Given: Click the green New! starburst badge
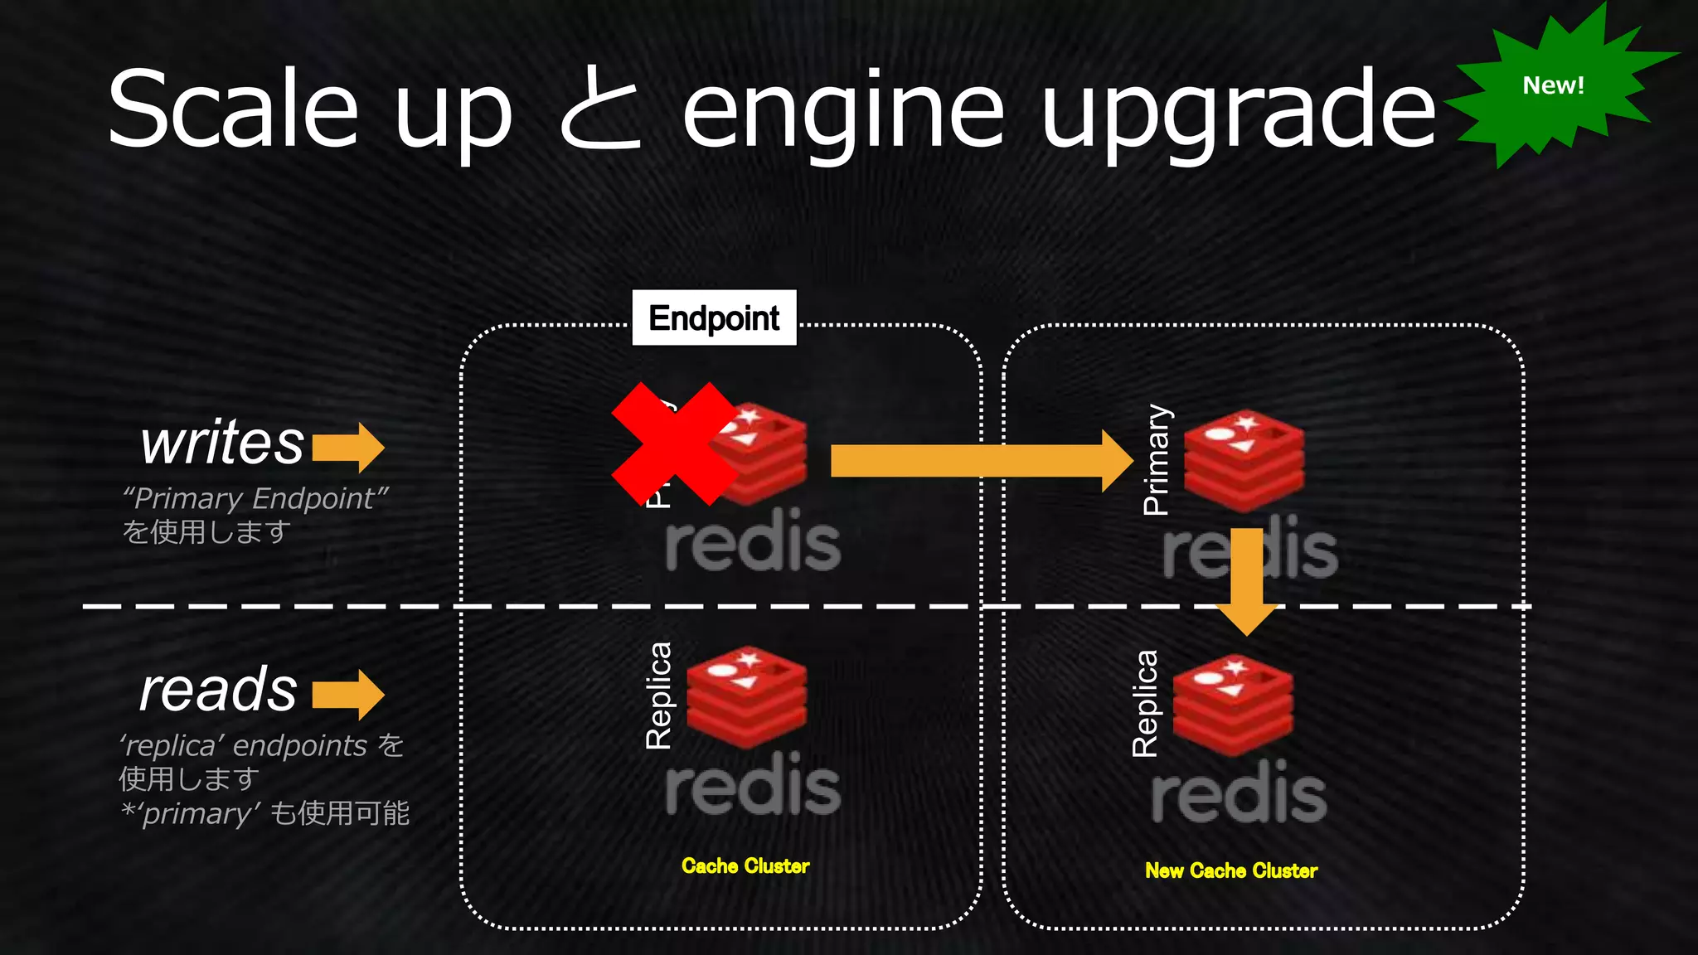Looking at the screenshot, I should tap(1553, 86).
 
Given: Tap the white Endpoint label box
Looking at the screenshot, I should tap(714, 318).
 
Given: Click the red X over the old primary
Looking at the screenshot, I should tap(674, 444).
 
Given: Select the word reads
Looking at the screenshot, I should tap(218, 689).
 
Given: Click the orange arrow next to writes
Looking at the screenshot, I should tap(348, 448).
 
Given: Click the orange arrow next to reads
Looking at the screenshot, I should tap(348, 694).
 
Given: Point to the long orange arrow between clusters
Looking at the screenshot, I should tap(978, 460).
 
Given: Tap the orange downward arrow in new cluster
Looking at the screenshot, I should tap(1246, 580).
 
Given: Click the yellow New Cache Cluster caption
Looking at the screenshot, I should tap(1230, 870).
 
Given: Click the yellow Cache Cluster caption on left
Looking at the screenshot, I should tap(745, 866).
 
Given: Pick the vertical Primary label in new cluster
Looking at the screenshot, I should tap(1156, 459).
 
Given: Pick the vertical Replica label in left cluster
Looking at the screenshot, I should tap(659, 696).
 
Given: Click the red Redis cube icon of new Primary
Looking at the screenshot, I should tap(1244, 461).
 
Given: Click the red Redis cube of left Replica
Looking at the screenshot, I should tap(746, 696).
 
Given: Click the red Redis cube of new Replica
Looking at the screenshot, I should tap(1233, 705).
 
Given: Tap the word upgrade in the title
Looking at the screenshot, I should tap(1238, 112).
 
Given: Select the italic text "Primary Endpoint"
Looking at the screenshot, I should tap(255, 498).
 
